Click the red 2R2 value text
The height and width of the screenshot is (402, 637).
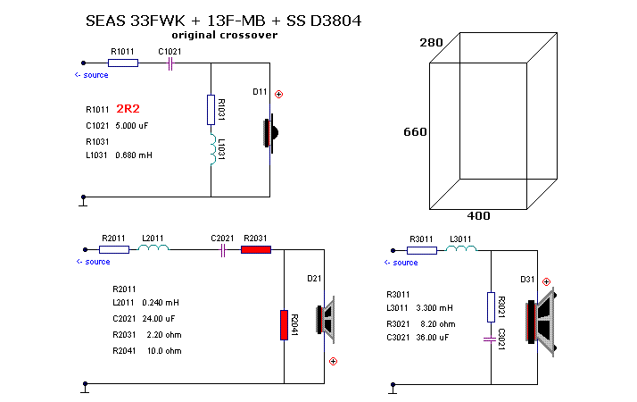click(x=131, y=109)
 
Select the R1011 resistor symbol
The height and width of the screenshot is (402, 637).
click(x=123, y=63)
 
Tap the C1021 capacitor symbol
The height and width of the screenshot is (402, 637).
click(x=170, y=63)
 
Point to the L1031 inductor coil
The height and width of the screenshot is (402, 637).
click(x=211, y=151)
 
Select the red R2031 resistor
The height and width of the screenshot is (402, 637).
click(x=256, y=250)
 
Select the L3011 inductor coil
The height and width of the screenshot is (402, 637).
click(x=460, y=250)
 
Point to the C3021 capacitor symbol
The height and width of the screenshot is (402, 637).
click(x=490, y=339)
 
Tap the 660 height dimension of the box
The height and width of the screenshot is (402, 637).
click(x=415, y=132)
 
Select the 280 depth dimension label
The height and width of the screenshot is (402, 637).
click(x=431, y=43)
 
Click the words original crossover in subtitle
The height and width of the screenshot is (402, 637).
click(x=224, y=35)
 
